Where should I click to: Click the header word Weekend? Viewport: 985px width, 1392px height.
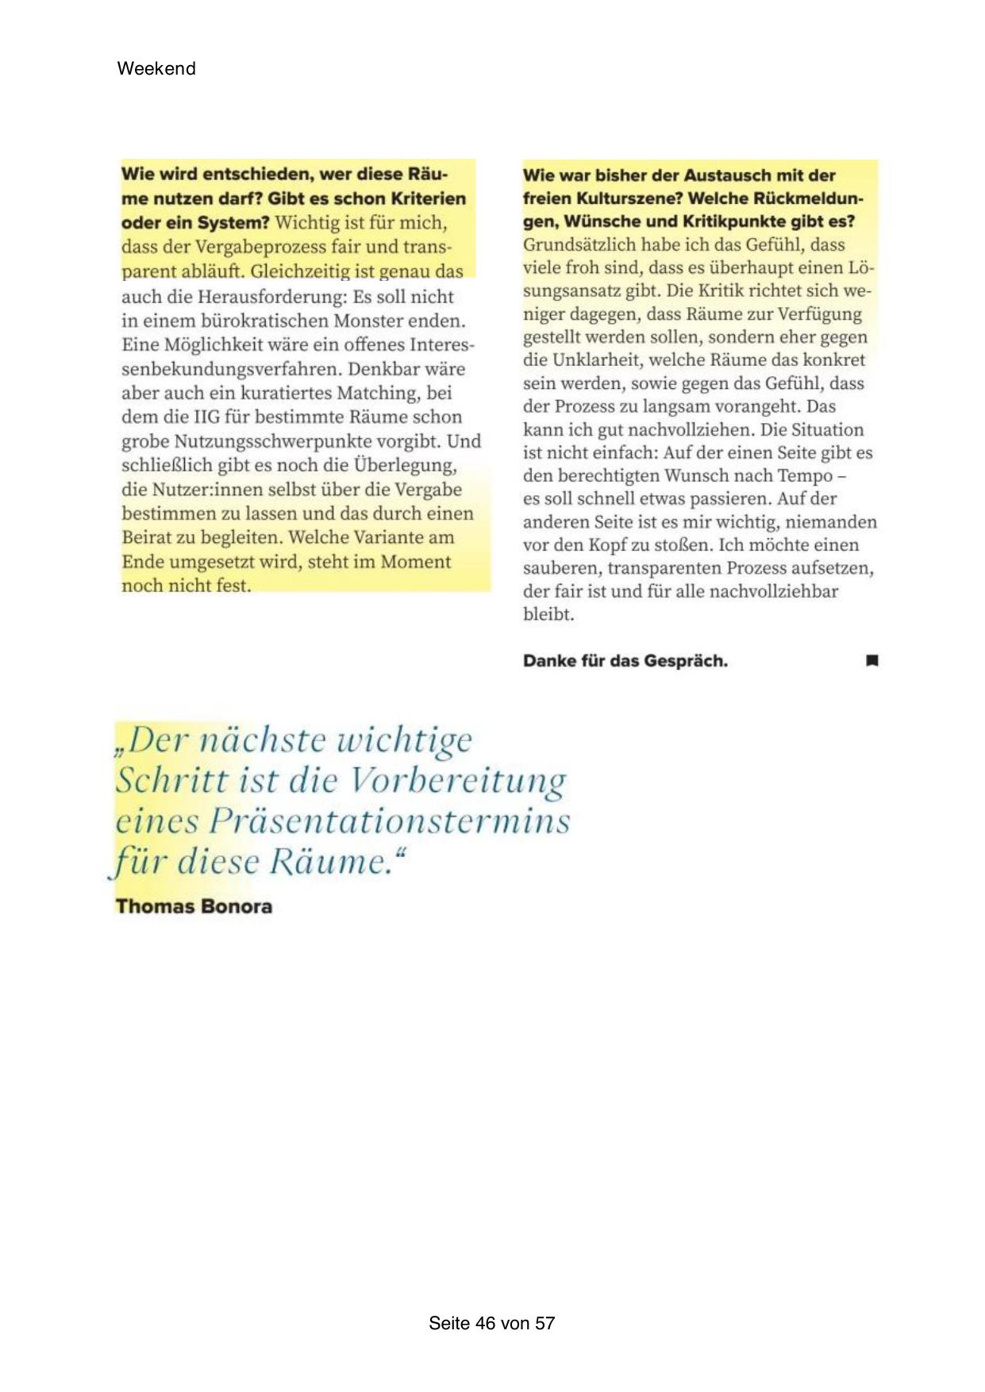pos(156,68)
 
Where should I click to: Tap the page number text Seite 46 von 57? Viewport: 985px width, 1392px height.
pos(491,1323)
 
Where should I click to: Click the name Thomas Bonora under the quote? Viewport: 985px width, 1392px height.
pos(194,906)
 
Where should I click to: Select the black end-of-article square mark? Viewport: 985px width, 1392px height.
pos(871,660)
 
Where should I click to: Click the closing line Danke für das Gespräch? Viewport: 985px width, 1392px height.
pos(625,661)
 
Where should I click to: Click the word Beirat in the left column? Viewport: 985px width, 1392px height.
pos(147,538)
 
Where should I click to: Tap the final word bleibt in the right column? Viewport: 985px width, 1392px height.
pos(548,614)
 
